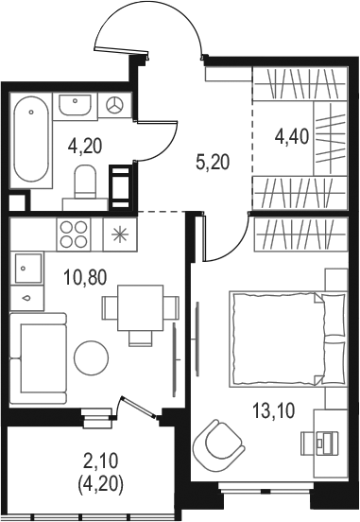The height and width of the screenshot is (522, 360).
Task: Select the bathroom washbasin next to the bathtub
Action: click(x=75, y=105)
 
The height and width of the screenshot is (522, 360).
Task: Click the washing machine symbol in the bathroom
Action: click(x=114, y=105)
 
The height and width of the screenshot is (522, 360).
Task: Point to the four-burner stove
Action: click(x=74, y=234)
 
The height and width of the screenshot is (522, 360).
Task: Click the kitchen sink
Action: click(x=27, y=268)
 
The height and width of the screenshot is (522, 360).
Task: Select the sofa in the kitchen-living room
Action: click(x=38, y=357)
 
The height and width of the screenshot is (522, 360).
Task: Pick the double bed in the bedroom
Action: click(x=288, y=339)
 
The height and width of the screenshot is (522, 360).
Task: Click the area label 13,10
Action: click(x=273, y=410)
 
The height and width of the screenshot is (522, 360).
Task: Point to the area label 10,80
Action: click(x=85, y=277)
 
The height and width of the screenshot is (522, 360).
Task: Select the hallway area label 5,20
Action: click(x=213, y=163)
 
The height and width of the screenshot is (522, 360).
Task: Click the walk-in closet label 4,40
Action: click(x=292, y=136)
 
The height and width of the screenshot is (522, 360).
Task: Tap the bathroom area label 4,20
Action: click(x=84, y=146)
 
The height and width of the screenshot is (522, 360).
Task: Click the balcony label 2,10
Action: click(x=101, y=462)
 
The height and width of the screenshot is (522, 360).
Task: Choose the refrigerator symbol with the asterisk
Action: click(x=120, y=234)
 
